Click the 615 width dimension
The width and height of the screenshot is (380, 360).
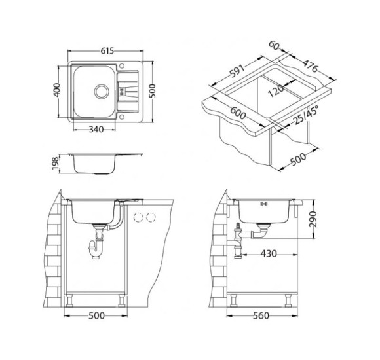click(107, 51)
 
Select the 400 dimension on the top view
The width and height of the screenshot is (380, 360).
click(56, 90)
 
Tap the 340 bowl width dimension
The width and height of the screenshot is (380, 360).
click(96, 130)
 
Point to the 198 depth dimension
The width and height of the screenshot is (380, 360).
click(55, 164)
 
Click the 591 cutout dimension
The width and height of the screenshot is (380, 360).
click(237, 71)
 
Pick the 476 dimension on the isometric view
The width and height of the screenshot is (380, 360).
click(310, 66)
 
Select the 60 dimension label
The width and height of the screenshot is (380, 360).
click(274, 46)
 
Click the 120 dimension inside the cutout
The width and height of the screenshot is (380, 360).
click(276, 91)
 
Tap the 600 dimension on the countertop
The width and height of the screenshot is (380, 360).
click(238, 113)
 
